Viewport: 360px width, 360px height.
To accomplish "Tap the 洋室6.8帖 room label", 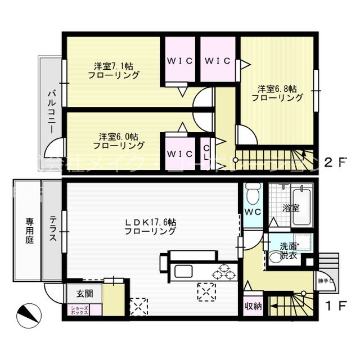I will [277, 93].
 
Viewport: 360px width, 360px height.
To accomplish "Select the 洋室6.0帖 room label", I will [119, 141].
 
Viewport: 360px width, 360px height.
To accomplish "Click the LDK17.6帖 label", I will [150, 227].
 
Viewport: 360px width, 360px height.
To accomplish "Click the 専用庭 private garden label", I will [29, 231].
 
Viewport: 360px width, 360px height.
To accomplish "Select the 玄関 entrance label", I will [85, 293].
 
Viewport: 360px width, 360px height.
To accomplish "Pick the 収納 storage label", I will [253, 307].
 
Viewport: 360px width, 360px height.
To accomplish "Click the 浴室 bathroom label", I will [291, 208].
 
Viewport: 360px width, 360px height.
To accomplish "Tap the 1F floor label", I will [333, 305].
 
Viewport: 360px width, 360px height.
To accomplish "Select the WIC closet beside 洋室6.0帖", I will [179, 152].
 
